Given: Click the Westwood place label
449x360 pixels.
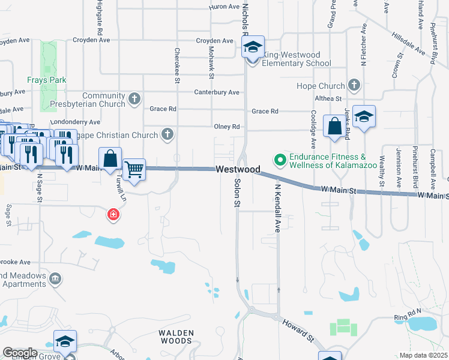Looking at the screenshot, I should pyautogui.click(x=238, y=170).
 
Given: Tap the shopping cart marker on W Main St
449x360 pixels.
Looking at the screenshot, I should pyautogui.click(x=134, y=169).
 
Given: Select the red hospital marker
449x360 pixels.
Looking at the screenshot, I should pyautogui.click(x=112, y=214).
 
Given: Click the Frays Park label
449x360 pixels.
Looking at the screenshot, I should pyautogui.click(x=46, y=80).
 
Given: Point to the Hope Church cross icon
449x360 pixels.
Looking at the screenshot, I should pyautogui.click(x=354, y=86).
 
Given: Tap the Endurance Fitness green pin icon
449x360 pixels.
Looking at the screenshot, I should pyautogui.click(x=279, y=160).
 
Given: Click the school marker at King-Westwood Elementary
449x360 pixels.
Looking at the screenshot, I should pyautogui.click(x=253, y=48).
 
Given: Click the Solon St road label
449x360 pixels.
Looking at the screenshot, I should pyautogui.click(x=237, y=193).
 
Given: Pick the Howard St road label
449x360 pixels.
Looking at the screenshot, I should pyautogui.click(x=298, y=330).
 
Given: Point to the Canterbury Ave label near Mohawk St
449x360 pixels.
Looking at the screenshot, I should pyautogui.click(x=216, y=92).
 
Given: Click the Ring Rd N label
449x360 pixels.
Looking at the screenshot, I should pyautogui.click(x=409, y=317).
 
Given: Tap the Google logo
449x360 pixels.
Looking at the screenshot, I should pyautogui.click(x=20, y=353).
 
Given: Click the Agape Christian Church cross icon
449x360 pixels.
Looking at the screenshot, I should pyautogui.click(x=167, y=134).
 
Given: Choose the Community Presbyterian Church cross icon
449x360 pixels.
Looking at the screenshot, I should pyautogui.click(x=134, y=98).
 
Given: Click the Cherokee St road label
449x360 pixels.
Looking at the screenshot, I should pyautogui.click(x=177, y=62).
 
